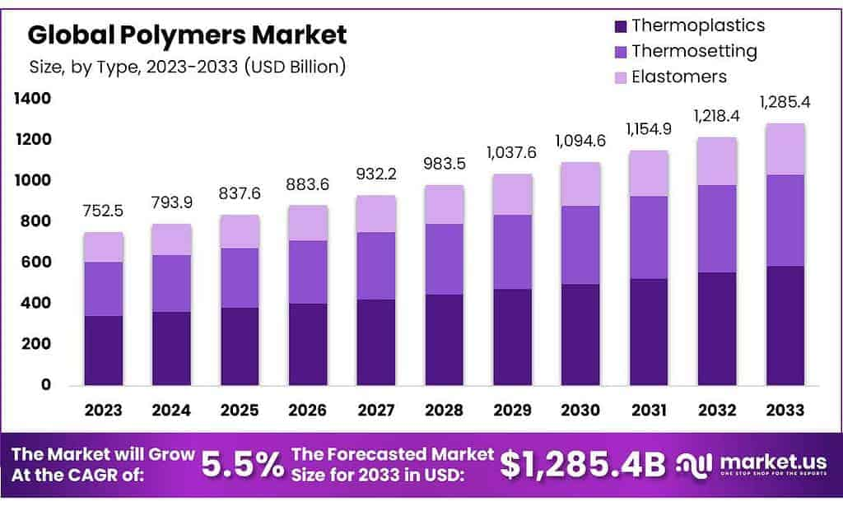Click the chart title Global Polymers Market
(187, 35)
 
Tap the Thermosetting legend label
(693, 51)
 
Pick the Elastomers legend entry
(678, 77)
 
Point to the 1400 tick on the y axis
(32, 99)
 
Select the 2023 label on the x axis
(103, 410)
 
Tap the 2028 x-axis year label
(445, 410)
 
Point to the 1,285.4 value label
(785, 104)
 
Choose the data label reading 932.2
(376, 174)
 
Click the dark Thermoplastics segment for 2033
(785, 325)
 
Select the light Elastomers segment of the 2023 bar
(103, 247)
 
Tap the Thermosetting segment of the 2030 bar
(581, 244)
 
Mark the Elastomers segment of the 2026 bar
(308, 222)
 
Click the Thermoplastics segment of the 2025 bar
(240, 346)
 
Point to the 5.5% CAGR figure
(242, 466)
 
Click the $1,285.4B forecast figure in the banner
(582, 466)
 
